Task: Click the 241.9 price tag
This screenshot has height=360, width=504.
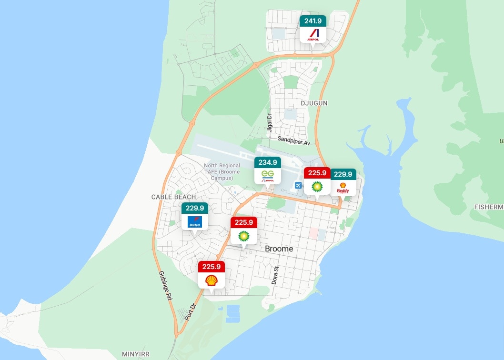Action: coord(313,21)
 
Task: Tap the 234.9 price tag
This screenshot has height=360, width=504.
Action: coord(268,162)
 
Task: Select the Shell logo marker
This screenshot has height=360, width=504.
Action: coord(212,280)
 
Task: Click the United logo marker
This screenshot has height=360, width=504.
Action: coord(195,221)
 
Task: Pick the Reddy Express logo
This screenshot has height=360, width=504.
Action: coord(343,188)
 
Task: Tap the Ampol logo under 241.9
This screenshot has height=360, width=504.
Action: coord(313,34)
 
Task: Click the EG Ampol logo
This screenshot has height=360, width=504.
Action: coord(268,177)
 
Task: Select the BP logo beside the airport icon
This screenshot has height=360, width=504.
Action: coord(317,186)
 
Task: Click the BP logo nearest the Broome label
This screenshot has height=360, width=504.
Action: coord(244,236)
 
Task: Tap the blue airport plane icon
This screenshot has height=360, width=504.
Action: coord(299,185)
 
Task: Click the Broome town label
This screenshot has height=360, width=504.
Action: coord(279,249)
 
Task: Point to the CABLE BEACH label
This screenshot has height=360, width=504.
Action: coord(173,197)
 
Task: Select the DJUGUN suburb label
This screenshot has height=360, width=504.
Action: coord(314,103)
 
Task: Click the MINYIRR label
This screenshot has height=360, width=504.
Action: coord(136,354)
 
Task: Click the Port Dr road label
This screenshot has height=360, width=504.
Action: coord(190,312)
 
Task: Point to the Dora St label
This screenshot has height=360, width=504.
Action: coord(275,275)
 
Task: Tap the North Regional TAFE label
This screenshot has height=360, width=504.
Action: coord(222,172)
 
